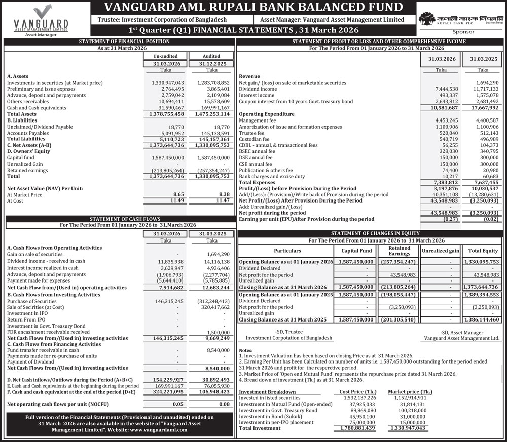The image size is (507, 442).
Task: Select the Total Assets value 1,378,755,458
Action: (x=167, y=114)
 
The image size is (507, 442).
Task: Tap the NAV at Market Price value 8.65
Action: (x=177, y=194)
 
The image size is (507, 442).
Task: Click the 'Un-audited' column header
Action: (x=165, y=56)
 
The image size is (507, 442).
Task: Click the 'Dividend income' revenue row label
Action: (x=258, y=89)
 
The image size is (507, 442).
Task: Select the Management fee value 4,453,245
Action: (x=446, y=120)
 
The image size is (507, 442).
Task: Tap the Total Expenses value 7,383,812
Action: (x=446, y=182)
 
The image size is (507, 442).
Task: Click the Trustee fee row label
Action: (x=251, y=133)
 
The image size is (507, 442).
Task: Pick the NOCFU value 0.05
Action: (x=177, y=404)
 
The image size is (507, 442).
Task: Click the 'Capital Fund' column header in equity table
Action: (x=356, y=251)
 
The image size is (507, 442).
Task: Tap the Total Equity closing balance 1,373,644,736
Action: (x=481, y=287)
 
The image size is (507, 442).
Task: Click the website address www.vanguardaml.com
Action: (x=158, y=429)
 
